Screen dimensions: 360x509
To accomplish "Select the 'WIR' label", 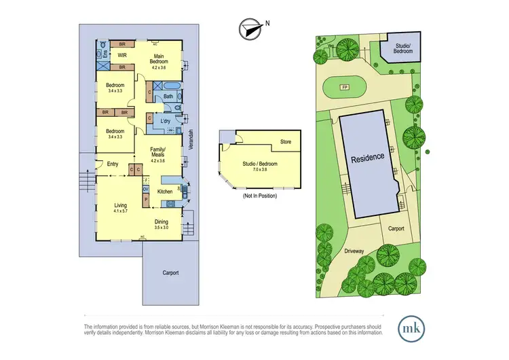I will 123,55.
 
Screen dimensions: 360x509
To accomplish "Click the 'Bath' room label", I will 168,96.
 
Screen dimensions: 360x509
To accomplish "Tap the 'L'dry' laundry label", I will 165,121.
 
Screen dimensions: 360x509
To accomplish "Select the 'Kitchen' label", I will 165,192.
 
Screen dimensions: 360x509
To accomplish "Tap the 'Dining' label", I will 162,221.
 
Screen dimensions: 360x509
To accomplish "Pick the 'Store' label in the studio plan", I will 286,143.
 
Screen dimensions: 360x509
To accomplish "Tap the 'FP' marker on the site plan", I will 345,88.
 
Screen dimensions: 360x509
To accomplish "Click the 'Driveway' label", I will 354,251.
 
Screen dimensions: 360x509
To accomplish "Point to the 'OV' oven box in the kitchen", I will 145,189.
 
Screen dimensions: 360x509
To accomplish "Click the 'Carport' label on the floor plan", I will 170,272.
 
